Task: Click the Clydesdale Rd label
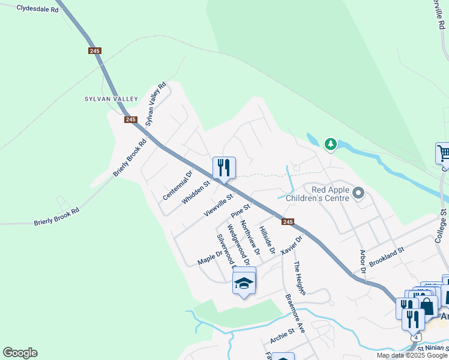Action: [x=38, y=9]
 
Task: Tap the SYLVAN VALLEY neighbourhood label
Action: [x=112, y=99]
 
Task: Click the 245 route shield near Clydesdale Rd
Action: [x=94, y=51]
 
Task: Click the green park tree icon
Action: [x=330, y=144]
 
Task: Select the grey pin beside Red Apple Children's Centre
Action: [x=359, y=193]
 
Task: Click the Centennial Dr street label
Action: [x=177, y=186]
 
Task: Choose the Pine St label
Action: [x=240, y=211]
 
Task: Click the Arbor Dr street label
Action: [x=362, y=262]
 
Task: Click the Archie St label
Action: [x=282, y=335]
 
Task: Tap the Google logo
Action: [x=20, y=353]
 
